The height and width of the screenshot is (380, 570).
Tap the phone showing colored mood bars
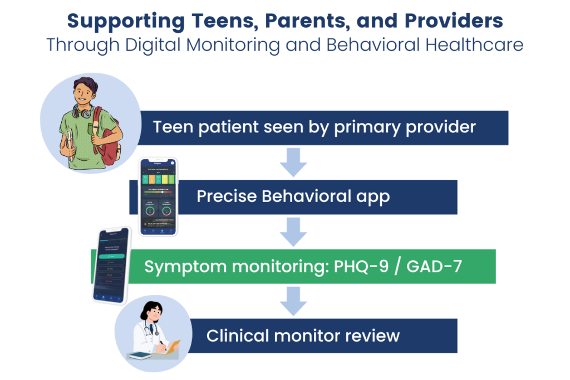[158, 196]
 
